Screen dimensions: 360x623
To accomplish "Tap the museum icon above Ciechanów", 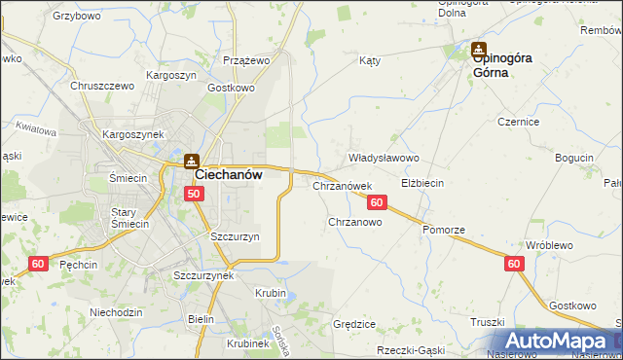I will (x=192, y=160).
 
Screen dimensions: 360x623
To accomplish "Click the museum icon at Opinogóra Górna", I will (x=479, y=48).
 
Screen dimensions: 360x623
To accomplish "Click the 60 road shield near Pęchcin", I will (x=38, y=264).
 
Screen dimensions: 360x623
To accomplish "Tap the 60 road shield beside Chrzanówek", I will (x=378, y=202).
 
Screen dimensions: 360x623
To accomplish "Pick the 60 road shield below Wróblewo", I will (x=514, y=263).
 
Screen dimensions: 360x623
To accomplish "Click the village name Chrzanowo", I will (x=354, y=222).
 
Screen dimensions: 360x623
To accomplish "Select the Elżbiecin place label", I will (x=422, y=182).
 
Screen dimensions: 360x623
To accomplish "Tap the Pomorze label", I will (x=444, y=229).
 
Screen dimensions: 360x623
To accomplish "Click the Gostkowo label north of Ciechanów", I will (x=231, y=88).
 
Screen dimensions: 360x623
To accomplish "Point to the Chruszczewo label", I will (x=101, y=86).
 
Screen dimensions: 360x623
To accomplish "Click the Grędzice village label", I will (x=354, y=323).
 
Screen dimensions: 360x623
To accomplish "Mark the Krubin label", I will (x=271, y=293).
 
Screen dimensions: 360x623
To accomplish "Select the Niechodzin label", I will (x=116, y=312).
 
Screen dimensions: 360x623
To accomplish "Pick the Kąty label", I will (x=369, y=60).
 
